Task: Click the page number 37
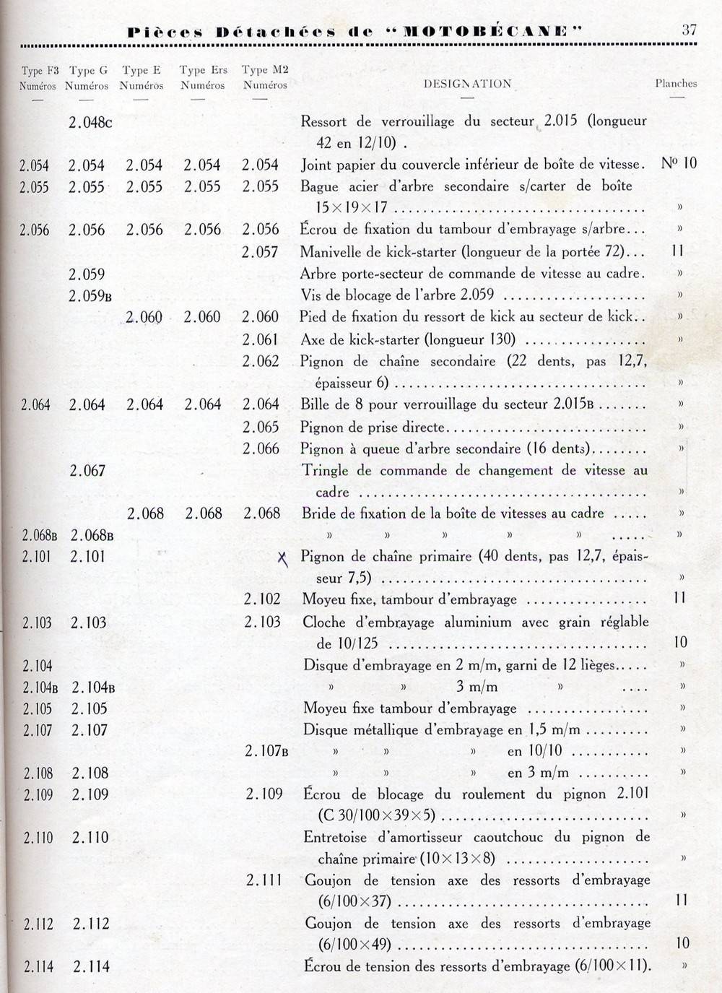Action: click(689, 30)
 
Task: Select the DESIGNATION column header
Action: click(467, 84)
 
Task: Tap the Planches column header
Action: click(676, 83)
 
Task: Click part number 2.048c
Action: click(90, 122)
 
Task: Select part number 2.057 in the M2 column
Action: click(260, 252)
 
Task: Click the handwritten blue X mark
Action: click(283, 558)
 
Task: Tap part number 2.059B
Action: click(90, 295)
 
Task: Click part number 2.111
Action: click(264, 880)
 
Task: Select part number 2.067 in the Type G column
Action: click(87, 471)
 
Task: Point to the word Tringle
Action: click(325, 471)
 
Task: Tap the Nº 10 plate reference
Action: click(679, 163)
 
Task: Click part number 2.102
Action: click(261, 599)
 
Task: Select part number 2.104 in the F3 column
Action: click(38, 666)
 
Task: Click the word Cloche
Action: click(326, 622)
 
